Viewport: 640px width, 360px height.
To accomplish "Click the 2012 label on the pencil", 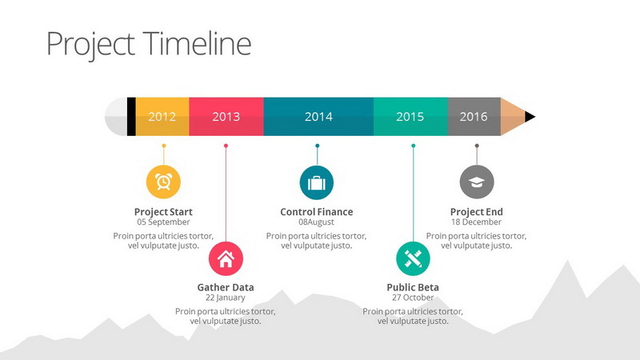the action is coord(162,117).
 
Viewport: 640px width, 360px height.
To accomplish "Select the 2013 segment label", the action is coord(226,117).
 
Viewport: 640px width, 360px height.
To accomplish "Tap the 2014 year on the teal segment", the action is coord(318,117).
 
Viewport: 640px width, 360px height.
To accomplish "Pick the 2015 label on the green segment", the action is coord(410,117).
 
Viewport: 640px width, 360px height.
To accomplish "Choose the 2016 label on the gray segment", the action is coord(474,117).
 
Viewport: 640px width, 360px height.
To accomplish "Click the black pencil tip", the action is coord(530,117).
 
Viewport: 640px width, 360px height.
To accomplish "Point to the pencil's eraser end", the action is coord(116,117).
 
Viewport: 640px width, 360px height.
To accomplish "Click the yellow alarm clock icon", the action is coord(163,182).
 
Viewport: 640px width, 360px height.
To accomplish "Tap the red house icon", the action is coord(226,258).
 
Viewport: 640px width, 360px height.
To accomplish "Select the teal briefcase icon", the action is coord(317,182).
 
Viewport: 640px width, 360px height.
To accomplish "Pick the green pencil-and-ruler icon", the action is coord(413,258).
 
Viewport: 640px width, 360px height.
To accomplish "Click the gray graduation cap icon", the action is coord(477,182).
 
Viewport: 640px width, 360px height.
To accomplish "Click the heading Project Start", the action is coord(163,212).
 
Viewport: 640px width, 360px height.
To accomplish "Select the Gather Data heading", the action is coord(226,287).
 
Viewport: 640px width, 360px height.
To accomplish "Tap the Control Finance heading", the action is coord(317,212).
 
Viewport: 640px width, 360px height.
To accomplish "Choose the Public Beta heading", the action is coord(413,287).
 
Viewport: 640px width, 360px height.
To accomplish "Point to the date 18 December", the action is coord(476,222).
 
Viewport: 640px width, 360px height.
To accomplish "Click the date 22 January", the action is coord(226,298).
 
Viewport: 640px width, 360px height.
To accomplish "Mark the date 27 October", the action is coord(413,298).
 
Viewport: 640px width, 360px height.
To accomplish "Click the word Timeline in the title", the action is coord(197,43).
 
